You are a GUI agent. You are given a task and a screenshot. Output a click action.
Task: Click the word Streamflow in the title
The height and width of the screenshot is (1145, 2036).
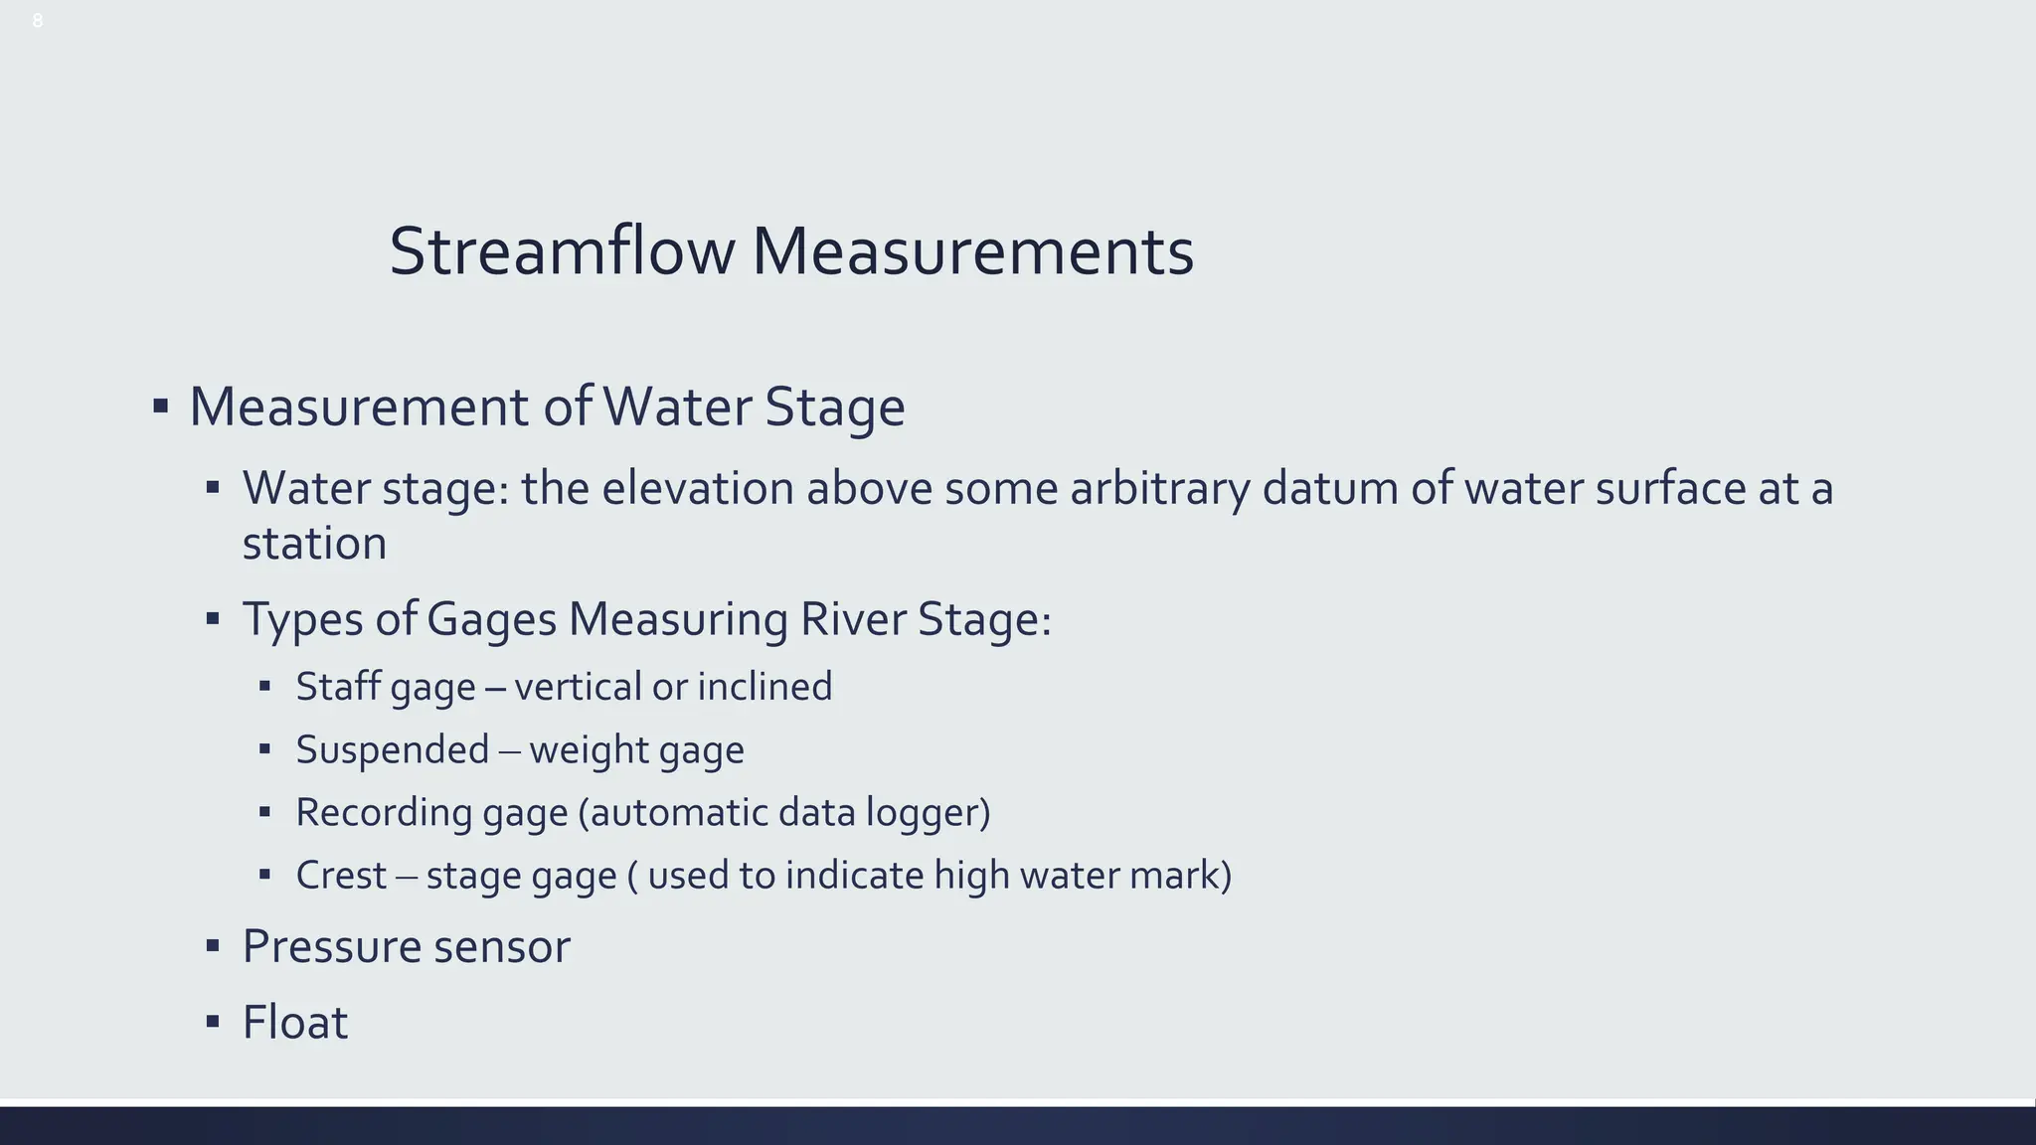(561, 251)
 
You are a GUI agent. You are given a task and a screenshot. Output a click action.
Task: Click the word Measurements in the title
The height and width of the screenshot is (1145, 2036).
(972, 251)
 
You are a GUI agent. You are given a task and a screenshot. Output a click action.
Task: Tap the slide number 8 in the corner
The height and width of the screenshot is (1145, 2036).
(38, 21)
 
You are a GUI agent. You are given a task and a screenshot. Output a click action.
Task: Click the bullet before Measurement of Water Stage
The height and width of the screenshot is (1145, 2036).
(160, 407)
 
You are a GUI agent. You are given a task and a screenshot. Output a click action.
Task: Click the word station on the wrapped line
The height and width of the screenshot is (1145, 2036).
(314, 544)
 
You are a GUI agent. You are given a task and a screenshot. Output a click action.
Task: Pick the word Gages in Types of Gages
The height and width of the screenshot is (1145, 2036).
(491, 619)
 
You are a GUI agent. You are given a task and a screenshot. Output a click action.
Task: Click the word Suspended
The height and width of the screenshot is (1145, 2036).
(393, 749)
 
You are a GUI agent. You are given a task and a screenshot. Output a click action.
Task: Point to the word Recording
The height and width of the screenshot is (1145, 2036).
(383, 813)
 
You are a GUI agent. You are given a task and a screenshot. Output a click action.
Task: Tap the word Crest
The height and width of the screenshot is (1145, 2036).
(340, 876)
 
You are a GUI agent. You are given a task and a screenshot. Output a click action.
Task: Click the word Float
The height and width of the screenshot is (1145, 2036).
(295, 1023)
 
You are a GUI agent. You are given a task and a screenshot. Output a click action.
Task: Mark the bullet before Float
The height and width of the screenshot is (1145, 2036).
(212, 1021)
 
